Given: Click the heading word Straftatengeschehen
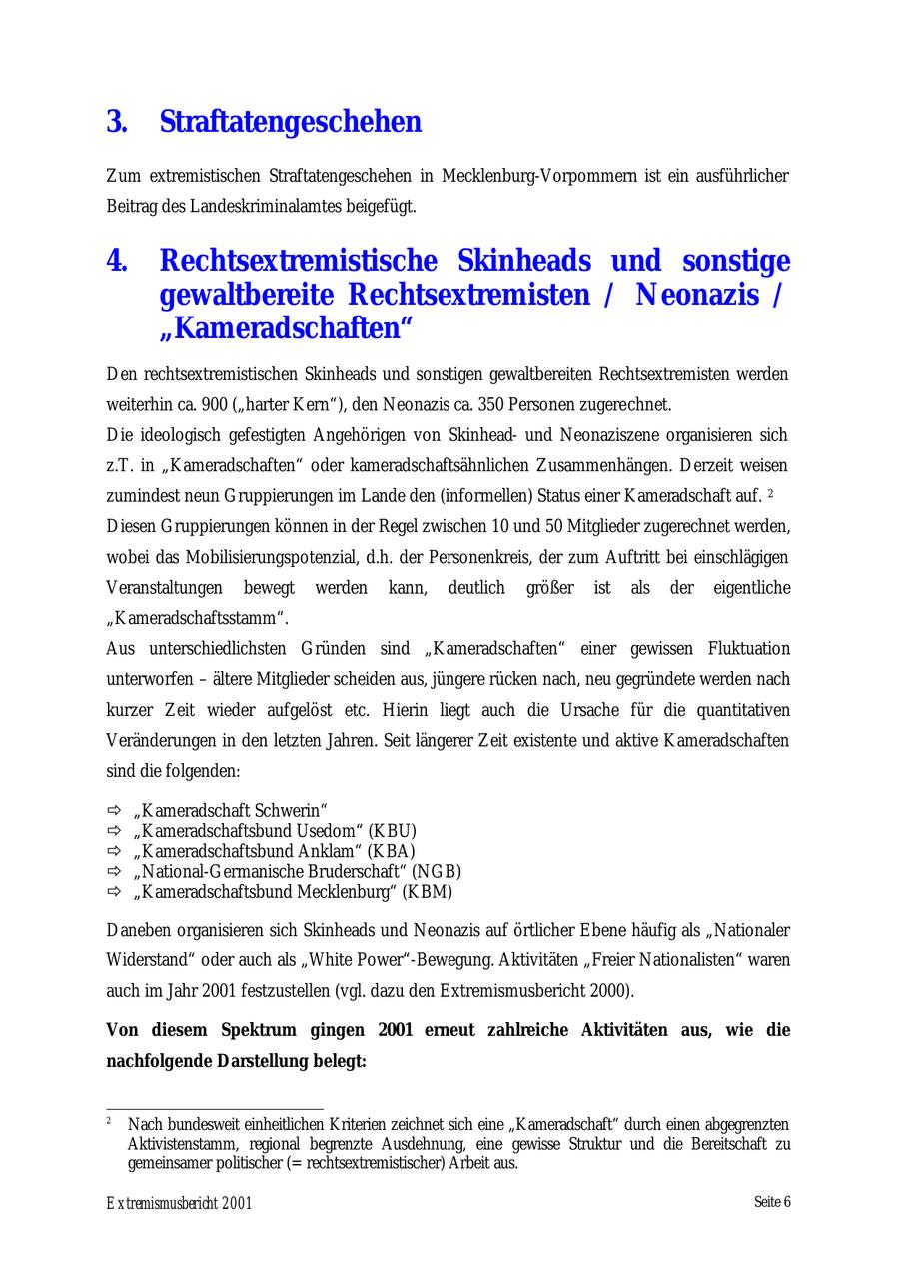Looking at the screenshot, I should pos(290,122).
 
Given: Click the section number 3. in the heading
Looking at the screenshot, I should pos(117,122).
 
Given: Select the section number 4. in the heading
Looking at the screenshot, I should pos(117,262).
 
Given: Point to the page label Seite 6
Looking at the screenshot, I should pos(772,1202).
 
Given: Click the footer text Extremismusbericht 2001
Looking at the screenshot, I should pos(180,1203).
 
